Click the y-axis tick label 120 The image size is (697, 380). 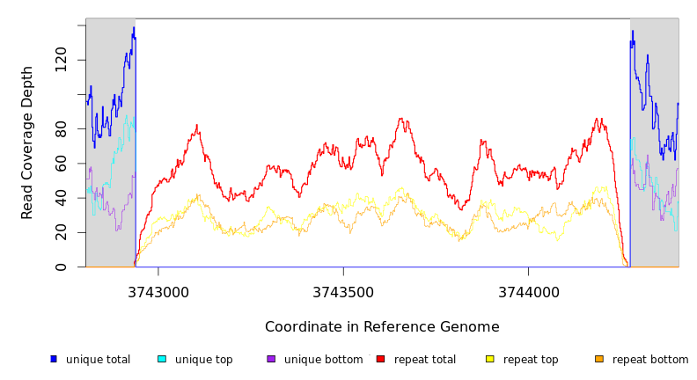coord(61,60)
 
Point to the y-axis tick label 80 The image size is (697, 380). coord(61,128)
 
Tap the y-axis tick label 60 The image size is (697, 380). coord(61,164)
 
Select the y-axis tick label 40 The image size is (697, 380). coord(61,198)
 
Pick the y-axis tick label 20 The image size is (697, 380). coord(61,232)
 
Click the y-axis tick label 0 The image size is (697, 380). coord(61,267)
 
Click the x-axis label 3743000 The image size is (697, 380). coord(158,292)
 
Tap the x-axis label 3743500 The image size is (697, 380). coord(343,292)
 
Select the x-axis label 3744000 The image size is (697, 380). coord(528,292)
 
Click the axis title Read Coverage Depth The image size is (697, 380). coord(27,142)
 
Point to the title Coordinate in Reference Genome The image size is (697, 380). coord(382,327)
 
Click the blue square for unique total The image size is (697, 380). coord(54,359)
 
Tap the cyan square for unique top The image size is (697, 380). coord(162,359)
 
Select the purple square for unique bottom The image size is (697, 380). coord(271,359)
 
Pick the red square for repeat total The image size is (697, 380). coord(380,359)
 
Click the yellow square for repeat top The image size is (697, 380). coord(489,359)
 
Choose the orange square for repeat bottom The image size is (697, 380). coord(599,359)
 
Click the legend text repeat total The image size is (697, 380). coord(425,360)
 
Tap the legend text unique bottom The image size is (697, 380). coord(323,360)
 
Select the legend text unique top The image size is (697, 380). coord(204,360)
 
